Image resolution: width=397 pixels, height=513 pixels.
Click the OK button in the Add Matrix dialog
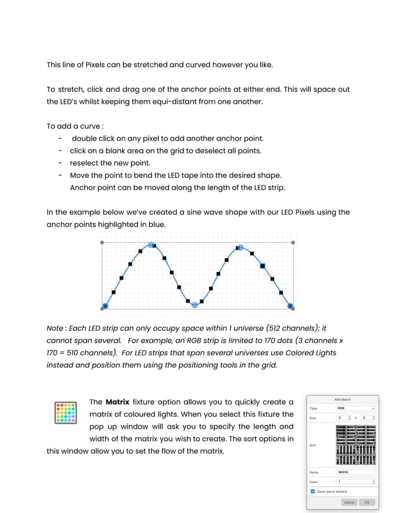click(x=367, y=502)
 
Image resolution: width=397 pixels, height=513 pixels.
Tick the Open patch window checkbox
click(x=313, y=491)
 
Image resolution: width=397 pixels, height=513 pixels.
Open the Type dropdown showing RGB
click(x=355, y=408)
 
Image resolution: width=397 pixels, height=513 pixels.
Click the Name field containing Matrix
click(x=355, y=472)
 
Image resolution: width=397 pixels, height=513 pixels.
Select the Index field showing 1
click(x=355, y=481)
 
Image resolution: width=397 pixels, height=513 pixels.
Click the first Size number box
click(x=343, y=417)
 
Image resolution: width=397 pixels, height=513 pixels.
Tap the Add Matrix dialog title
click(x=342, y=399)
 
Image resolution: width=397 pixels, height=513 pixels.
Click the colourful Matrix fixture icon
click(x=66, y=412)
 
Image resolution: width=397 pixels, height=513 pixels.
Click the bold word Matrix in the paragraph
click(x=117, y=402)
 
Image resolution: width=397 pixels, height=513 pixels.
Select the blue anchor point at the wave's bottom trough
click(x=195, y=305)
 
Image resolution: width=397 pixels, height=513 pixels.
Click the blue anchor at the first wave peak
click(x=151, y=245)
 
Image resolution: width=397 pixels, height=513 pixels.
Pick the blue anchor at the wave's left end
click(x=105, y=306)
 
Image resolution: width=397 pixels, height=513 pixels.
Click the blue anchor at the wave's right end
click(x=290, y=306)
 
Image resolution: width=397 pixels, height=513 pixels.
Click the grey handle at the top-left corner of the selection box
click(x=102, y=242)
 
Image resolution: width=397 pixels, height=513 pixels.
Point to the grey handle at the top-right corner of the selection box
click(x=293, y=242)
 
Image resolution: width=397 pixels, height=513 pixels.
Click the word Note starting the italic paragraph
click(x=55, y=328)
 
